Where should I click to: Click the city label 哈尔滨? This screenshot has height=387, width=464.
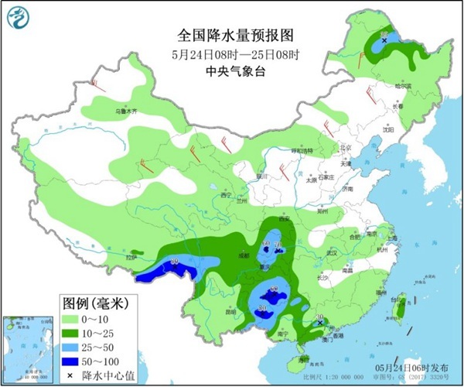point(403,86)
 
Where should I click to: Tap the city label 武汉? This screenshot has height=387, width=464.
point(333,253)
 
